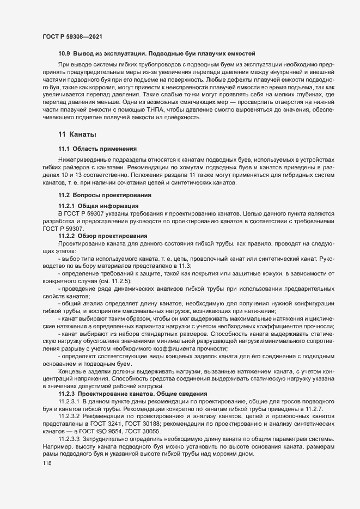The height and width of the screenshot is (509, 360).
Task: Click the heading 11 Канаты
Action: [x=78, y=134]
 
